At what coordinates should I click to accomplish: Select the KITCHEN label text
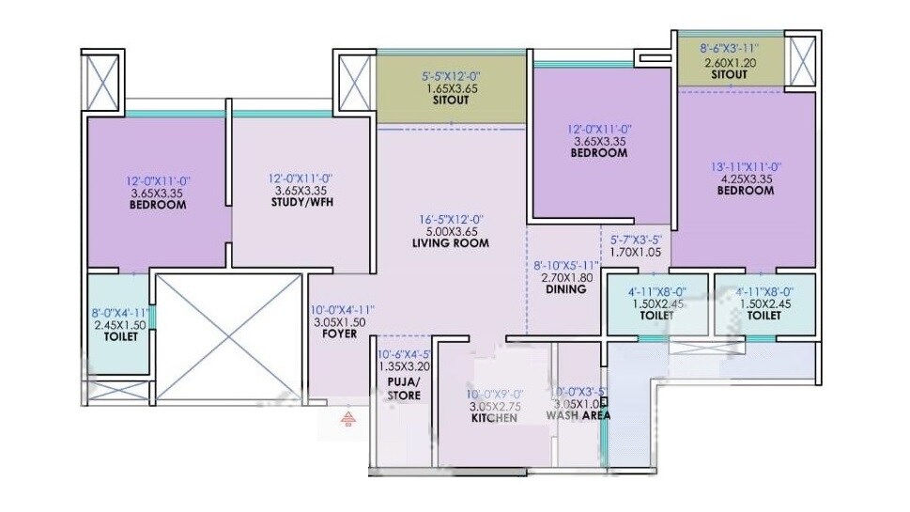494,418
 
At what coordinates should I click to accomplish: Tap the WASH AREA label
578,414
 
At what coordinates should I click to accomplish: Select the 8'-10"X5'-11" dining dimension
564,266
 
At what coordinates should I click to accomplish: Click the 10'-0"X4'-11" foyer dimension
342,309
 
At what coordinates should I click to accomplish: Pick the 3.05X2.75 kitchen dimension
495,406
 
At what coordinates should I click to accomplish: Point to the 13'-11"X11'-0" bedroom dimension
748,167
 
